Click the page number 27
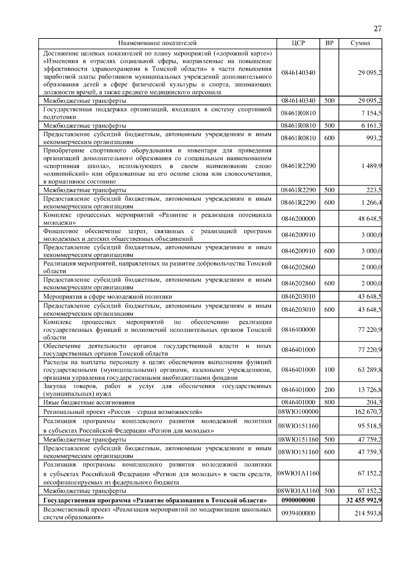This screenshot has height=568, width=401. [377, 29]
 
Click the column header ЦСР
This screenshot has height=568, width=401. [298, 43]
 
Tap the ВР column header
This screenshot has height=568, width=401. [329, 43]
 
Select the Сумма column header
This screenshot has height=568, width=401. [360, 43]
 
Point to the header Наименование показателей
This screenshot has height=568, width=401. [157, 43]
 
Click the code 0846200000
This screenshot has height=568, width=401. [298, 219]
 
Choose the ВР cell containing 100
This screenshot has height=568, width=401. [329, 370]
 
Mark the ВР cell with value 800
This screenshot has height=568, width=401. [329, 402]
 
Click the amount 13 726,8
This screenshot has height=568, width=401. [370, 390]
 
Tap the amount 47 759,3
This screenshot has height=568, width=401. [370, 452]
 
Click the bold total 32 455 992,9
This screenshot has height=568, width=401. [365, 500]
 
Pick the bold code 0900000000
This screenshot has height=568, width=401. [298, 500]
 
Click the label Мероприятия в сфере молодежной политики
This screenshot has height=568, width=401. [108, 296]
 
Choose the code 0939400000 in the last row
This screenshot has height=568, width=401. [298, 513]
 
